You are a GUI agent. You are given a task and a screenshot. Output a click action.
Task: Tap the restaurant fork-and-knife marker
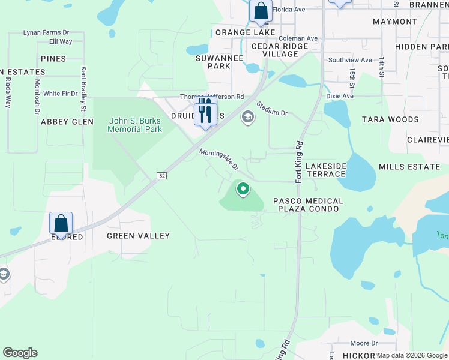coord(205,112)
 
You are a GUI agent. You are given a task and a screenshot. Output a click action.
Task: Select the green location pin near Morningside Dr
coord(243,190)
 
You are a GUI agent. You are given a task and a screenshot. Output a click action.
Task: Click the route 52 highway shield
coord(162,175)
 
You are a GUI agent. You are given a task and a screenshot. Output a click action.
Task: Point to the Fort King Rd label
coord(298,163)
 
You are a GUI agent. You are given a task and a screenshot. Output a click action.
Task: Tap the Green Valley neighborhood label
coord(139,236)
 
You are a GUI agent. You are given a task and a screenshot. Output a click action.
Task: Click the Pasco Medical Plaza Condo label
coord(308,205)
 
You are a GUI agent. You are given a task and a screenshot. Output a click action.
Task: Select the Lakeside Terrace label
coord(325,170)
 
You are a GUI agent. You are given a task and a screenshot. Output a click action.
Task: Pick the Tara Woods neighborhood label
coord(390,119)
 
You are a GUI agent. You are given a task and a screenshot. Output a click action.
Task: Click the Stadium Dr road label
coord(273,109)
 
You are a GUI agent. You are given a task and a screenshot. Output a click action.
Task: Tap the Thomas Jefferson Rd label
coord(212,97)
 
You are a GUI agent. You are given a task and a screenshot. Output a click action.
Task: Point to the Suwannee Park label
coord(213,62)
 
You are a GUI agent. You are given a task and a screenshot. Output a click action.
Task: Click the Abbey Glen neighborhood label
coord(67,121)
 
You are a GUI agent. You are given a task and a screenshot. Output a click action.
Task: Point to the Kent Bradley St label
coord(84,89)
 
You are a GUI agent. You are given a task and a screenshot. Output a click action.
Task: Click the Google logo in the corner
coord(20,353)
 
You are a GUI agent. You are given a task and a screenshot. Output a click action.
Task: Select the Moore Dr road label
coord(364,343)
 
